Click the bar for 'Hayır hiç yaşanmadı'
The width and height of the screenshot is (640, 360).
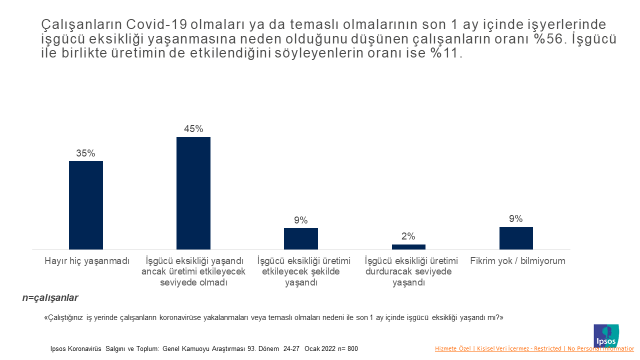click(86, 204)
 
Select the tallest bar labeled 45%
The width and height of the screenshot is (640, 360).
click(193, 192)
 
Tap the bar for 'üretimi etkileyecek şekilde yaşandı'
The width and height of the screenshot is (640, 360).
click(301, 238)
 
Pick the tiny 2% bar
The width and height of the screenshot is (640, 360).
click(408, 246)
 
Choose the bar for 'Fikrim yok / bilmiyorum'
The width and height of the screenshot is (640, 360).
click(516, 238)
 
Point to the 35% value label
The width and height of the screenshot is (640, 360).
click(86, 154)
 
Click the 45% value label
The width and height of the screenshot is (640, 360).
click(193, 129)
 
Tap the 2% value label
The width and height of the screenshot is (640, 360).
click(408, 237)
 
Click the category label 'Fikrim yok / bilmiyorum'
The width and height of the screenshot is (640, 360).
click(518, 260)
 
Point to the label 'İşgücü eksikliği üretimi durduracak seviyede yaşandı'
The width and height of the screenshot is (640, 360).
click(408, 271)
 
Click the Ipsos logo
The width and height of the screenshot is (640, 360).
click(607, 334)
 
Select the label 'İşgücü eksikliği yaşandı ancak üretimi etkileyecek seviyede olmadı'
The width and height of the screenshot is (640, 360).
click(193, 271)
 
